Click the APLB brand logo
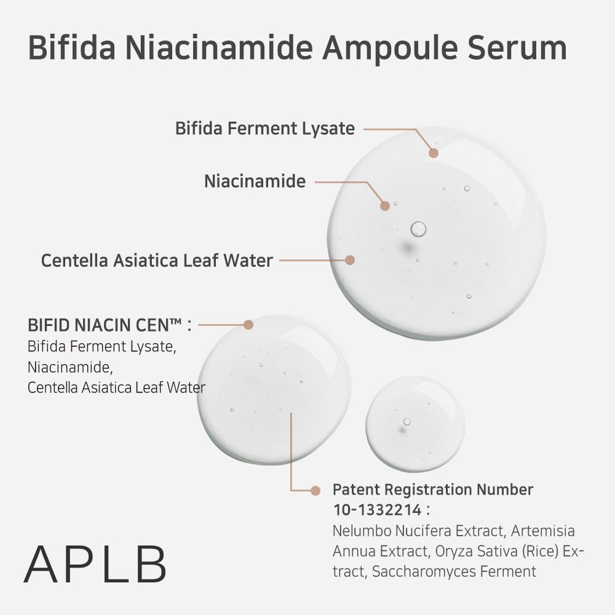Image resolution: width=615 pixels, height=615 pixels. [x=95, y=564]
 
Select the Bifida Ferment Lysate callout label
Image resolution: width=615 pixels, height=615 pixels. [x=265, y=129]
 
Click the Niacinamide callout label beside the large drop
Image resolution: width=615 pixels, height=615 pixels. [x=255, y=181]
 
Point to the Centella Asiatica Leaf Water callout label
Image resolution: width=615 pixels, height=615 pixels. [x=157, y=260]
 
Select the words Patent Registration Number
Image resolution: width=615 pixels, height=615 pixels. [x=433, y=490]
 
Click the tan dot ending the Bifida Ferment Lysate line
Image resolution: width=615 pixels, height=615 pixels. [x=434, y=153]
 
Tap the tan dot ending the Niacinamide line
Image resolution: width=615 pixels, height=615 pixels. [x=385, y=206]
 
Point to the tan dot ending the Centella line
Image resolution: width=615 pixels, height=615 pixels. [x=350, y=260]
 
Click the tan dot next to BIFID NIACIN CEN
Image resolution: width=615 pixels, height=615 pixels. [x=248, y=324]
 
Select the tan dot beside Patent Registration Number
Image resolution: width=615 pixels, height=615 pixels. [x=315, y=490]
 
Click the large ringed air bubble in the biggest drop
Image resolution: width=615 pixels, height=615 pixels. [x=418, y=229]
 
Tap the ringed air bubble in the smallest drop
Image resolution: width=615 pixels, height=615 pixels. [x=407, y=422]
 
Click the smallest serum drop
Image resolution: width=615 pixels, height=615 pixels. [x=415, y=424]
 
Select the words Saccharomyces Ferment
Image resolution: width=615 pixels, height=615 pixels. [x=454, y=571]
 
